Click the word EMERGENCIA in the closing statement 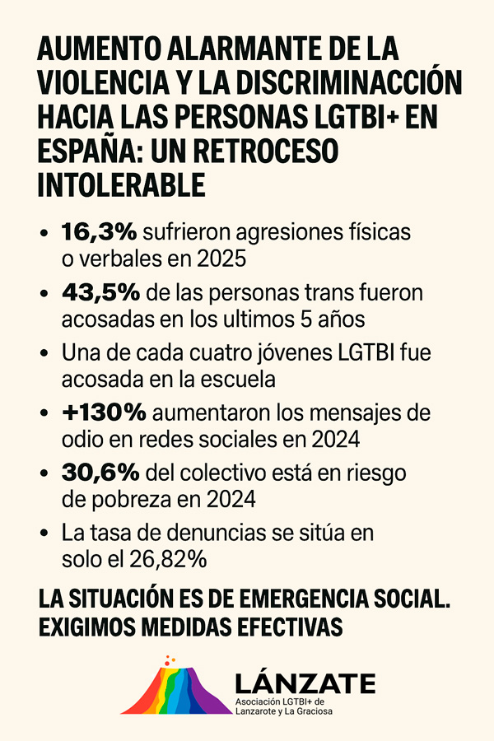296,599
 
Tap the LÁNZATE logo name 305,683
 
